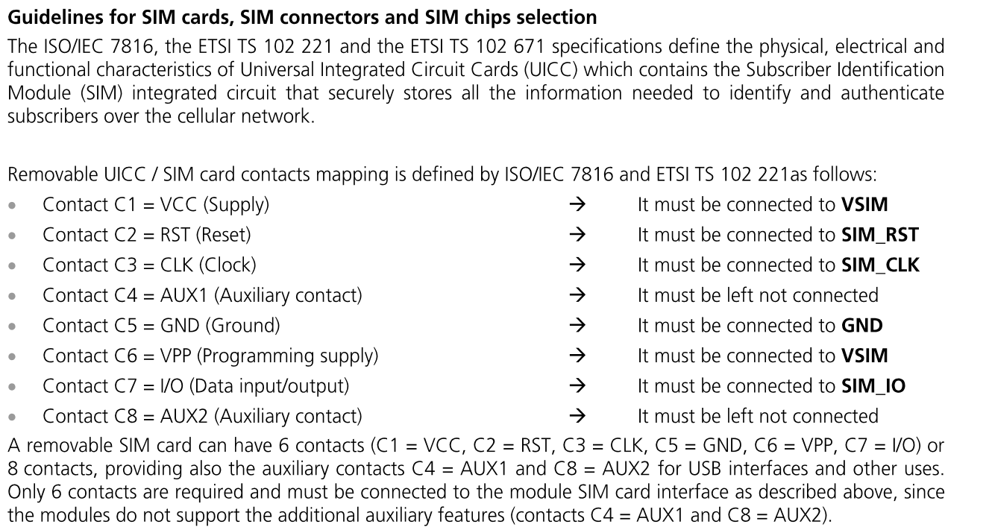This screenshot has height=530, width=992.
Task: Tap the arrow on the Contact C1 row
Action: coord(577,204)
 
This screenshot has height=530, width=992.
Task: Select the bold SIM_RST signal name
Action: coord(880,235)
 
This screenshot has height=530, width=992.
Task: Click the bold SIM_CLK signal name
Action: coord(880,265)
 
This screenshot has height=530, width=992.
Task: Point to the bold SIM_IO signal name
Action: coord(873,385)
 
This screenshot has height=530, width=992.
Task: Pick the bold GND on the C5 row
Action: coord(861,326)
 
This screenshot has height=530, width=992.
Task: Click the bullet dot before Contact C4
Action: coord(12,296)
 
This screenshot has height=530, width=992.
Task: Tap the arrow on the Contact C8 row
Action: coord(577,416)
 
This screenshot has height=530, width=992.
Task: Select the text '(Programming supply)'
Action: coord(287,356)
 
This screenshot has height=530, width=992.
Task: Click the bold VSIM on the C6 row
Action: coord(864,356)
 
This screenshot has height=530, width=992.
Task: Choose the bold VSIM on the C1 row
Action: coord(864,204)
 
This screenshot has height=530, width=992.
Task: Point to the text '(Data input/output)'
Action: coord(269,386)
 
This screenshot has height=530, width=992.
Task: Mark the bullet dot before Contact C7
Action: coord(12,387)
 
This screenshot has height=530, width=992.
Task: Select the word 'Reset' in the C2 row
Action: coord(224,235)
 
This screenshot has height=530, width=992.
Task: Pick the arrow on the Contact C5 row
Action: coord(577,326)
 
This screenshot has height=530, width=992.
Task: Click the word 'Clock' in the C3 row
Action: coord(227,265)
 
